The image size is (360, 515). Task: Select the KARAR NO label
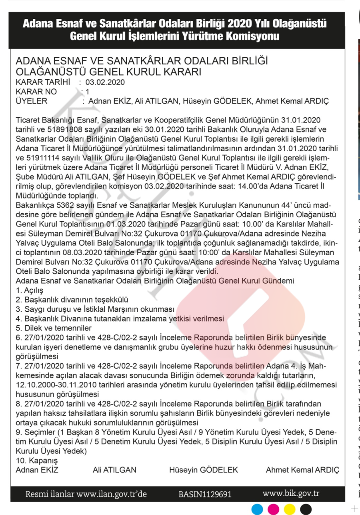36,92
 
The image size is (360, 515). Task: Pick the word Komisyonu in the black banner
252,37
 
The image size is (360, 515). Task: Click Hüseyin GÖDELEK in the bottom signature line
204,469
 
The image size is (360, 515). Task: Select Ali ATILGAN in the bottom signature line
114,469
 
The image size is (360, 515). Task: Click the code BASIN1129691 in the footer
205,494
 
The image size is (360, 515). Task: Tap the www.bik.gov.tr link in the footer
291,493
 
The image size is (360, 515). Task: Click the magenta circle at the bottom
274,509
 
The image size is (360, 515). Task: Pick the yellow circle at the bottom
289,509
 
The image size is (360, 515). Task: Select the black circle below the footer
305,509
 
